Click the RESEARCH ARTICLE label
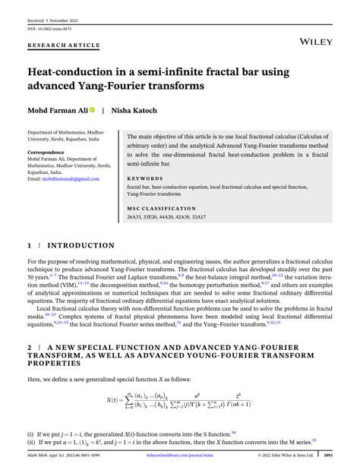pos(65,45)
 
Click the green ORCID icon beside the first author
pos(92,110)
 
